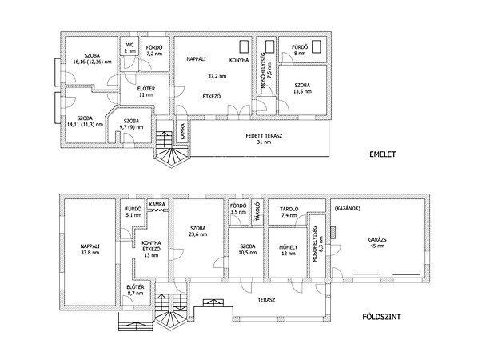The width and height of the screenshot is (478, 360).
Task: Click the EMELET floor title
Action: (382, 154)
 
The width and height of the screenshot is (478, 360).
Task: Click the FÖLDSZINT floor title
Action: (381, 317)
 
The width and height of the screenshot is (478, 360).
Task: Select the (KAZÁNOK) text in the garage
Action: (347, 209)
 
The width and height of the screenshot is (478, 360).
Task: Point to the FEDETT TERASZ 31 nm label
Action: (264, 139)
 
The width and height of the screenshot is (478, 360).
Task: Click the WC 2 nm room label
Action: (129, 48)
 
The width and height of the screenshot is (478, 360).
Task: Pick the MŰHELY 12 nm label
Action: (289, 250)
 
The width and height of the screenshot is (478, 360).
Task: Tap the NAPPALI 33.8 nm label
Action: (90, 250)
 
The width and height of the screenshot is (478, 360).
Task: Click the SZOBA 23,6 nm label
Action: (198, 231)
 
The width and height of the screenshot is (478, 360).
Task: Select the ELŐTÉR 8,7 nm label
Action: (135, 290)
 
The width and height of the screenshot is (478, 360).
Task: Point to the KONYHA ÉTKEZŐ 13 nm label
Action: (151, 249)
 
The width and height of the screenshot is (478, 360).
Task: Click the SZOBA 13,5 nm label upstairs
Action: (302, 88)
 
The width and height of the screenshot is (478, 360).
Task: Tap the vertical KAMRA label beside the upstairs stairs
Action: (182, 131)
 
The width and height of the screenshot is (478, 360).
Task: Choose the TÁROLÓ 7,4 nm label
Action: (289, 212)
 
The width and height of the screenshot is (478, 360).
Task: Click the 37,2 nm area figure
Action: (217, 76)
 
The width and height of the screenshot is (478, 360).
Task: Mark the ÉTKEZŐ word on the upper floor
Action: (212, 97)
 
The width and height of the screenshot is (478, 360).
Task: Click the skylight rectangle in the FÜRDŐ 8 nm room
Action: (317, 46)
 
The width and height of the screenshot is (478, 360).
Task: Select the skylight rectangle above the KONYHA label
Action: (244, 46)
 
